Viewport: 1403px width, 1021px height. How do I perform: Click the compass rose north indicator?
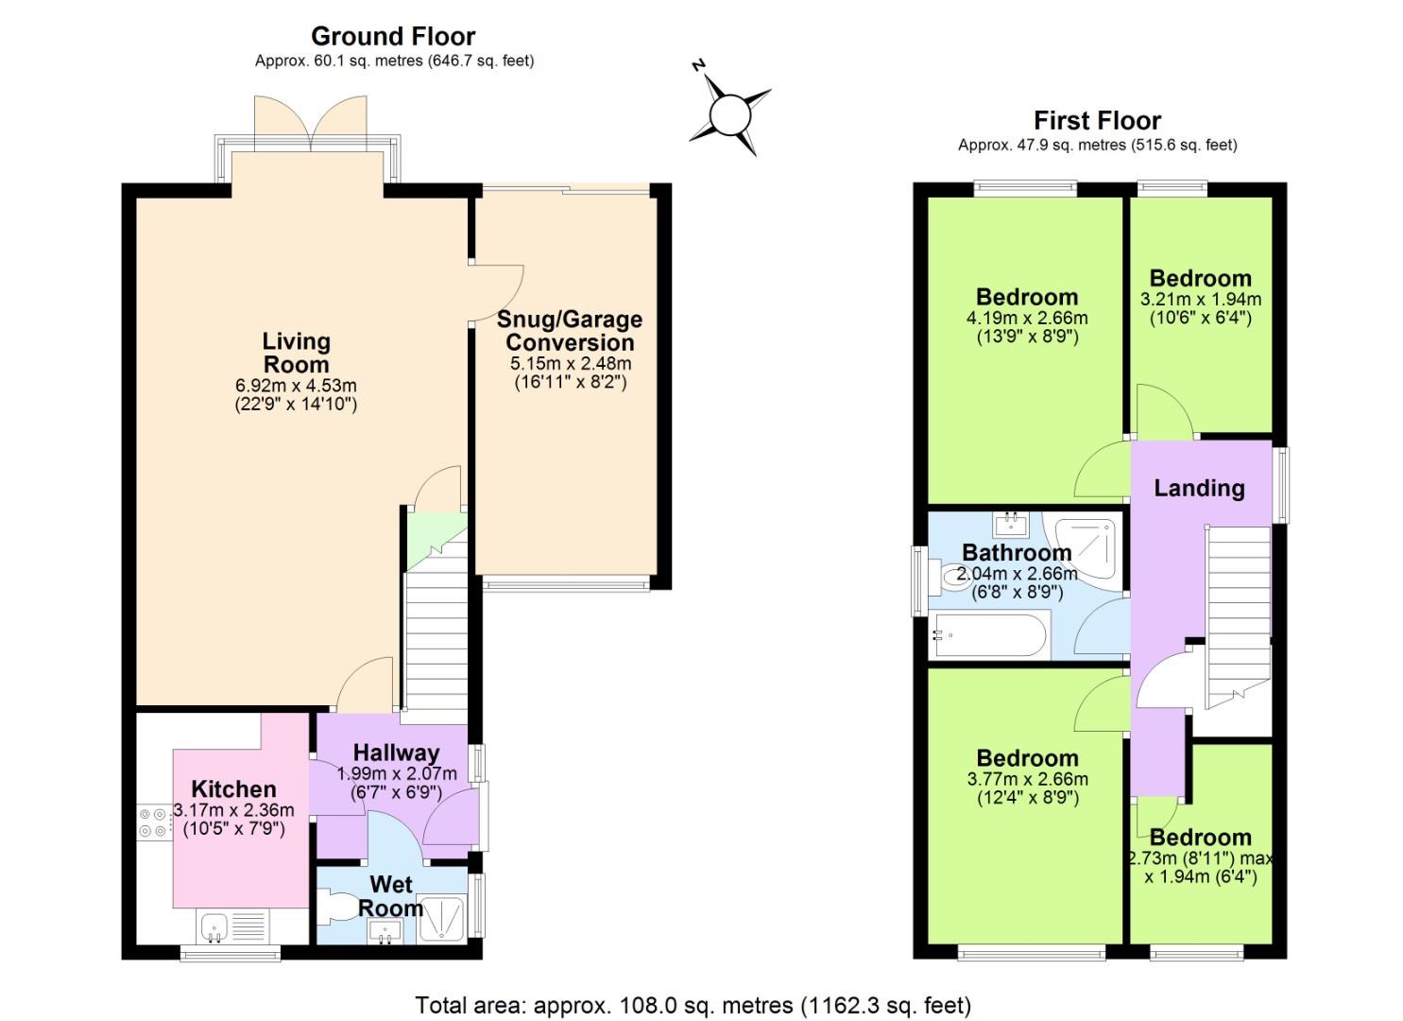coord(699,65)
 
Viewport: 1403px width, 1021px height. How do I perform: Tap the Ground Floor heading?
coord(393,36)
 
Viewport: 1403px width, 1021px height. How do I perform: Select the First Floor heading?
coord(1097,120)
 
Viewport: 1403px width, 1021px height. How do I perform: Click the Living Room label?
coord(297,353)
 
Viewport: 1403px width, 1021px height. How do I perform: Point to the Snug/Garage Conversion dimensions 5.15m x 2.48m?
coord(571,364)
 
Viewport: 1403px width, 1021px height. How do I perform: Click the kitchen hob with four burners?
coord(153,822)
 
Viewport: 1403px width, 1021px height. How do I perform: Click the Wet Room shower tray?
coord(442,919)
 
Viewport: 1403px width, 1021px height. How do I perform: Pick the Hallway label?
coord(397,753)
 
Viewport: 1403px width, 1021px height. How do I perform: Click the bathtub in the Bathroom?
coord(987,636)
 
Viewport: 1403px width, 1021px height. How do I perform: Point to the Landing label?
coord(1200,488)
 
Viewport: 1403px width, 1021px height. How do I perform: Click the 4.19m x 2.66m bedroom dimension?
coord(1027,318)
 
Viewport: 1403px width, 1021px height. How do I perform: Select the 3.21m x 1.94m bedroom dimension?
coord(1201,299)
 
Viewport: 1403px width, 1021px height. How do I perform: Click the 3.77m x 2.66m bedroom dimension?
coord(1028,779)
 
